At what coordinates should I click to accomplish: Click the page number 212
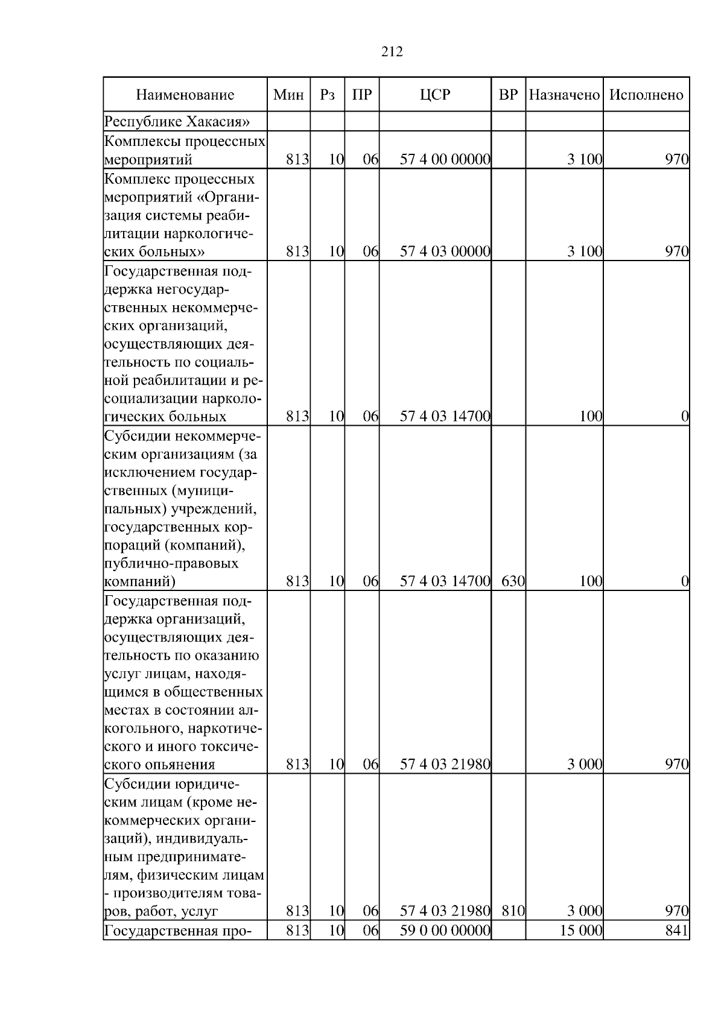point(392,52)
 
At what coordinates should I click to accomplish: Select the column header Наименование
point(185,95)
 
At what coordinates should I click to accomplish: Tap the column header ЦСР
point(434,95)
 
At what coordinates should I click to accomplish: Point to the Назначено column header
point(564,95)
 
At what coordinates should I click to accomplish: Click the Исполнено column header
point(646,95)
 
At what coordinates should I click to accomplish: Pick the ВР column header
point(508,95)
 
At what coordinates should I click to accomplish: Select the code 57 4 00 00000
point(445,160)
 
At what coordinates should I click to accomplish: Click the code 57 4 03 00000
point(445,251)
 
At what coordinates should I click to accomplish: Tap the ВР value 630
point(512,582)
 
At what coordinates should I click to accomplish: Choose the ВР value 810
point(512,911)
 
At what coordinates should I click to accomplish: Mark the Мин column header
point(288,95)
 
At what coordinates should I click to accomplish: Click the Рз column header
point(327,95)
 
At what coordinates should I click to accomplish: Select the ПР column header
point(361,95)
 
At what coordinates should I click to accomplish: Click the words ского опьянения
point(160,765)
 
